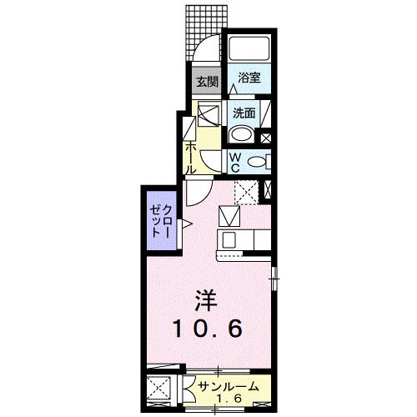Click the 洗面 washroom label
pyautogui.click(x=244, y=113)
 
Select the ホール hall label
pyautogui.click(x=191, y=155)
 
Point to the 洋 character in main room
pyautogui.click(x=205, y=299)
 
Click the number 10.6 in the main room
pyautogui.click(x=208, y=329)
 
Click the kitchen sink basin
pyautogui.click(x=229, y=241)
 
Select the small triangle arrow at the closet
pyautogui.click(x=187, y=223)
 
